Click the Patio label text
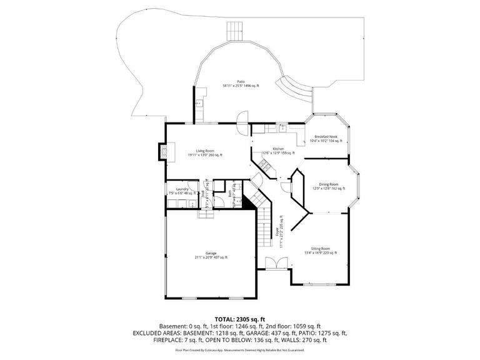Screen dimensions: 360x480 click(x=241, y=81)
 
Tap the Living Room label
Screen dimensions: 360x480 click(x=205, y=151)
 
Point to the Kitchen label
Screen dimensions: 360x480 click(x=269, y=148)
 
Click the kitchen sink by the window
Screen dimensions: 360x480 click(x=283, y=127)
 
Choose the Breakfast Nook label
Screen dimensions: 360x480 click(x=326, y=136)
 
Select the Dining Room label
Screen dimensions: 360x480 click(x=329, y=184)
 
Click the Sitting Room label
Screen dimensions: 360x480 click(x=320, y=248)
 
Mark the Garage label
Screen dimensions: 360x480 click(x=211, y=253)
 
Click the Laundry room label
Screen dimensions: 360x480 click(x=182, y=189)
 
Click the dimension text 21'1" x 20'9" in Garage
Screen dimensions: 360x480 click(x=211, y=257)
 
